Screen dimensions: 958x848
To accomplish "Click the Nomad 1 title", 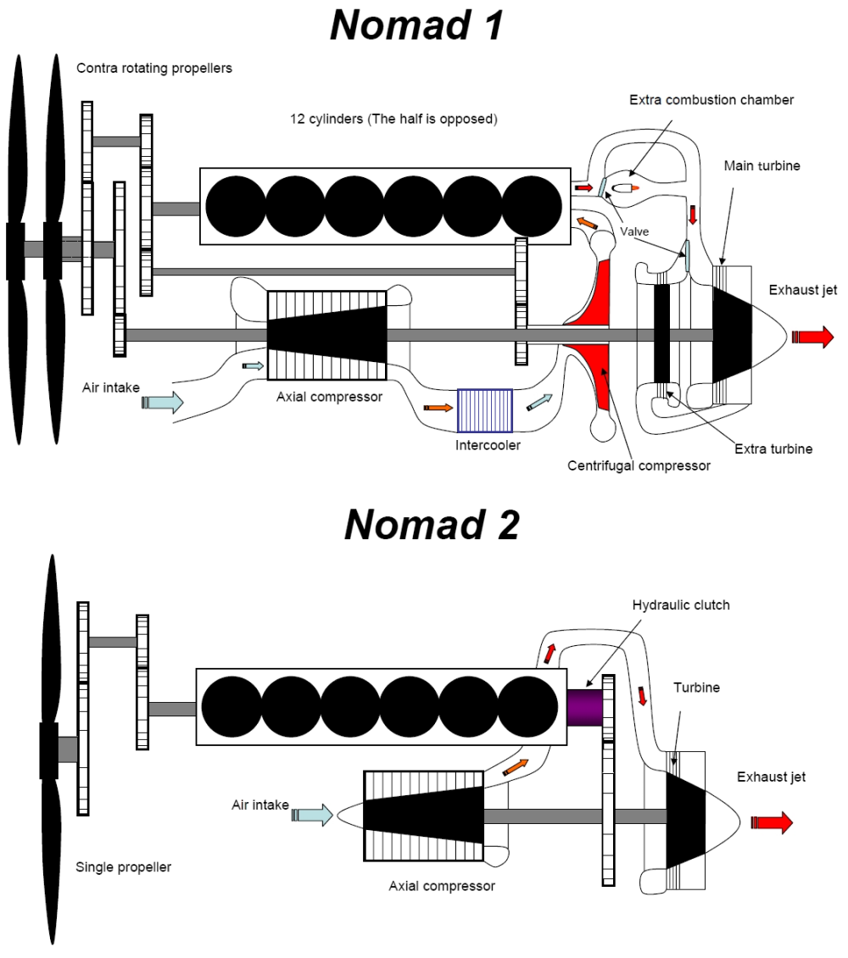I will (416, 25).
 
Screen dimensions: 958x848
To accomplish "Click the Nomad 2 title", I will (432, 525).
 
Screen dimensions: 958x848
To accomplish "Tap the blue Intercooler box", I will (484, 411).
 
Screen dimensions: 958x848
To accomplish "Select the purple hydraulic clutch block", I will (583, 706).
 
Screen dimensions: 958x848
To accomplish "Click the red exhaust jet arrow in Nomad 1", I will (812, 337).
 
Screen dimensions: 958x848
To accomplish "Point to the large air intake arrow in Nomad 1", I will (163, 401).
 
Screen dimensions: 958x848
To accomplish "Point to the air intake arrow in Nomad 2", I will (311, 816).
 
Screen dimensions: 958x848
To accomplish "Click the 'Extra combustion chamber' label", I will (711, 100).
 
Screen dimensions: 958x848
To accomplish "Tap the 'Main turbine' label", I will (762, 166).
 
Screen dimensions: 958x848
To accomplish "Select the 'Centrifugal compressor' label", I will (639, 465).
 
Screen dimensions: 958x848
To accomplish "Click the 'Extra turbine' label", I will (773, 449).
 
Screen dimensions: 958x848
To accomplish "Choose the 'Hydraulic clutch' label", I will (681, 605).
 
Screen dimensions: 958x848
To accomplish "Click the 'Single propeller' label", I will (123, 867).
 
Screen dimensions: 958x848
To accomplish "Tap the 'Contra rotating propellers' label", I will (154, 68).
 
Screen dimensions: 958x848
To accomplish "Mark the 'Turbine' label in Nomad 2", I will (697, 688).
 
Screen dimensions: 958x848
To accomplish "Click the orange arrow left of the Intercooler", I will (438, 408).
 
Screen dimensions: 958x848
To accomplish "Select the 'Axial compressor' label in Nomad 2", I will (442, 886).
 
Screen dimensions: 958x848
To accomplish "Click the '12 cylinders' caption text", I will (393, 120).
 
